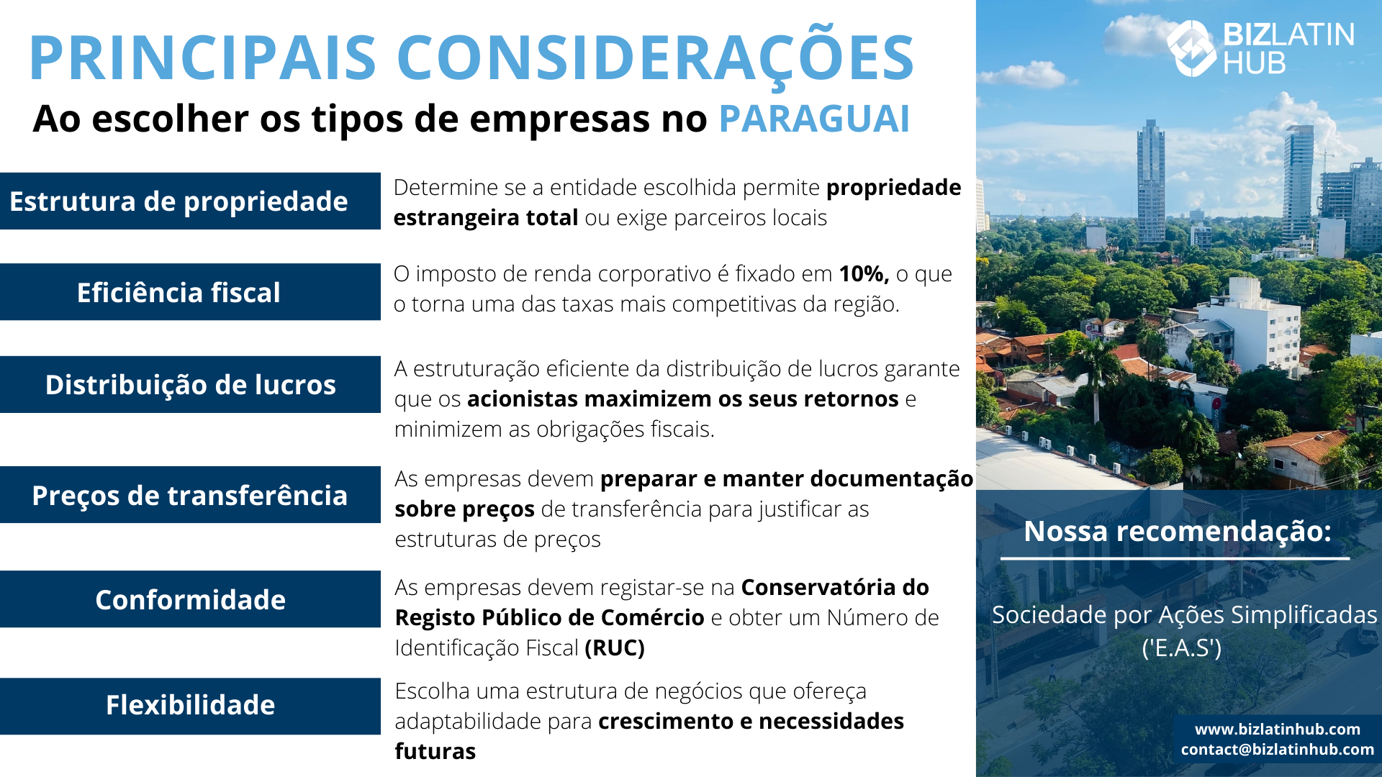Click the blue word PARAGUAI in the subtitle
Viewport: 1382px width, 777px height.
814,119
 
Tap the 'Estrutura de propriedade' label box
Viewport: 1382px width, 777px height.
190,201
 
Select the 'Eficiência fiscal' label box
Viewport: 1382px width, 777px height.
190,292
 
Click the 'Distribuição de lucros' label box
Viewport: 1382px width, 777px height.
190,384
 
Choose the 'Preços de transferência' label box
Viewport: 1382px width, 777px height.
190,495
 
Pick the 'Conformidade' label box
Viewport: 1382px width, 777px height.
190,599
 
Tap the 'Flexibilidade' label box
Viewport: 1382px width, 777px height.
190,706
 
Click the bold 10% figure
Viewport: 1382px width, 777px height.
864,274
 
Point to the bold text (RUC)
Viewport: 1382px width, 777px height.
615,648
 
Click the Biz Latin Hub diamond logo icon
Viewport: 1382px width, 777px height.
1191,48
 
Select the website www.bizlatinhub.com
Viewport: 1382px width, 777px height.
1278,730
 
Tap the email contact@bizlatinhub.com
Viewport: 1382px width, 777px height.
1278,750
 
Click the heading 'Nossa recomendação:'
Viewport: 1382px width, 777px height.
1178,531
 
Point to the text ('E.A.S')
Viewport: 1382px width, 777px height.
1182,648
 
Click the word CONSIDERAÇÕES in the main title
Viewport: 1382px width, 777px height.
655,58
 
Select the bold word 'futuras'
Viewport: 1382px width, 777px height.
435,752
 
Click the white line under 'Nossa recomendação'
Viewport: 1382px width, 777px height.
1175,558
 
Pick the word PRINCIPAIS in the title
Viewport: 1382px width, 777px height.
203,58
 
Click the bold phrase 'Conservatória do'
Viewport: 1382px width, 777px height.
835,588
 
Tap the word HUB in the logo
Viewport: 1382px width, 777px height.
1255,63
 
